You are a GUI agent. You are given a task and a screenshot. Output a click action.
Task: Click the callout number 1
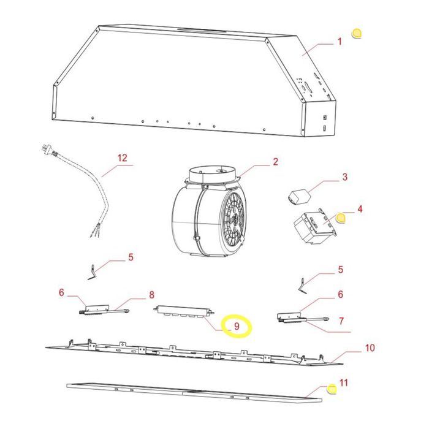click(x=340, y=42)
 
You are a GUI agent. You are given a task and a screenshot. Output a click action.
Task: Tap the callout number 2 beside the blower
click(x=275, y=162)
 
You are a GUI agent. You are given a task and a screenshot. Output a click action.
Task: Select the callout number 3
click(x=344, y=177)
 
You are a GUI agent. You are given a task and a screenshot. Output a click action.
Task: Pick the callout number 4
click(x=360, y=209)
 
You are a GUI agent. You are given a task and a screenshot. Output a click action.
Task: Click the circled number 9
click(x=237, y=326)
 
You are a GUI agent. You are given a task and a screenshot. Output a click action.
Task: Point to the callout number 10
click(x=370, y=347)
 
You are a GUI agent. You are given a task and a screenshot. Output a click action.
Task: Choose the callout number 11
click(x=344, y=382)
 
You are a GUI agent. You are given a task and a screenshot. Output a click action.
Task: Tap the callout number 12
click(x=123, y=158)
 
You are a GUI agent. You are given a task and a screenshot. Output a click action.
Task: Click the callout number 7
click(x=341, y=321)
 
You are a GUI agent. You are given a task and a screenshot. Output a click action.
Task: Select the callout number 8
click(x=151, y=295)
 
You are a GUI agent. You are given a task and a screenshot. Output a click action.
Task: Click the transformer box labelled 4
click(x=314, y=226)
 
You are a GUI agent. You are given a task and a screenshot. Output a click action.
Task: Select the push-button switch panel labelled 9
click(x=184, y=311)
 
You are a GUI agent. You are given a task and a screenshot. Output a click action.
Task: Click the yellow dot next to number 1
click(x=357, y=33)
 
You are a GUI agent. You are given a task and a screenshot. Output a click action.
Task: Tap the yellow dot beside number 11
click(x=332, y=389)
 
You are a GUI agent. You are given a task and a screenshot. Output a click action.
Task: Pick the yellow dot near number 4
click(x=341, y=218)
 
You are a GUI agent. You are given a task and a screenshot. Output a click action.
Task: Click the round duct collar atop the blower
click(x=212, y=175)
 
